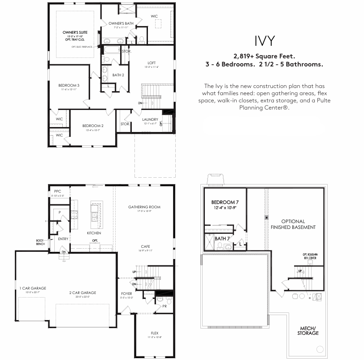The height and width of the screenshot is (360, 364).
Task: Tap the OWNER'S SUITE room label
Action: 74,33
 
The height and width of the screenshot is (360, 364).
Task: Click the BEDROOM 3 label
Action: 69,85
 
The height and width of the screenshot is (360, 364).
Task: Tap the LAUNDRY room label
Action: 150,119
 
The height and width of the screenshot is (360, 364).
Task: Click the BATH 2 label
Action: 118,75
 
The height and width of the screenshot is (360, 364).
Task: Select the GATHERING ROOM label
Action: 144,207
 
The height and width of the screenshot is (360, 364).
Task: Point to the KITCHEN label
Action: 94,233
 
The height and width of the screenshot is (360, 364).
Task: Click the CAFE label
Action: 145,246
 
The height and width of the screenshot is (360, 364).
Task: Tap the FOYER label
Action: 126,294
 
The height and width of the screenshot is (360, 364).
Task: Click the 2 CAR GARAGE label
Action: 82,293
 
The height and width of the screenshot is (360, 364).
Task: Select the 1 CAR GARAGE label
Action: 32,288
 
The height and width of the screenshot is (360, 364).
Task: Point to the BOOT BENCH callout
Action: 40,241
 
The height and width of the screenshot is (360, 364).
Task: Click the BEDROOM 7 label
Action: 224,202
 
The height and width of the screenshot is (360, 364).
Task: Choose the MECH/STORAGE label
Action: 309,331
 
